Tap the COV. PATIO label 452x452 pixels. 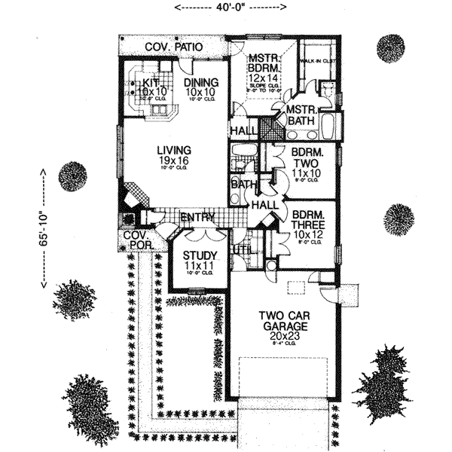tap(174, 47)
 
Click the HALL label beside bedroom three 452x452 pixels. tap(264, 205)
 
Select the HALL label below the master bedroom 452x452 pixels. tap(244, 131)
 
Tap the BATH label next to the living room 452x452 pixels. tap(243, 184)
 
